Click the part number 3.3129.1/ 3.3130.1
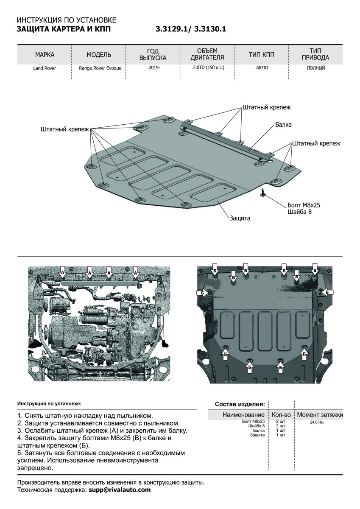pyautogui.click(x=191, y=29)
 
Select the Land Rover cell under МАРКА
pyautogui.click(x=45, y=68)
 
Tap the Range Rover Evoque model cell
pyautogui.click(x=99, y=68)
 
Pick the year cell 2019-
pyautogui.click(x=154, y=68)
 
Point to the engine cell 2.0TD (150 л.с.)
pyautogui.click(x=208, y=68)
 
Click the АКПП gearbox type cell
pyautogui.click(x=262, y=68)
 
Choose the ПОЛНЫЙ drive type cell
pyautogui.click(x=316, y=68)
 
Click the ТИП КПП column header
pyautogui.click(x=262, y=55)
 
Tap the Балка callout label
pyautogui.click(x=283, y=125)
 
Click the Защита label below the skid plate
pyautogui.click(x=240, y=218)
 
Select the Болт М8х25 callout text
pyautogui.click(x=304, y=205)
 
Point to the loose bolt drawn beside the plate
pyautogui.click(x=263, y=193)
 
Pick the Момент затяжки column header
pyautogui.click(x=320, y=414)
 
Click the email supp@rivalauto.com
pyautogui.click(x=119, y=490)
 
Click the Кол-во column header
pyautogui.click(x=281, y=414)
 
